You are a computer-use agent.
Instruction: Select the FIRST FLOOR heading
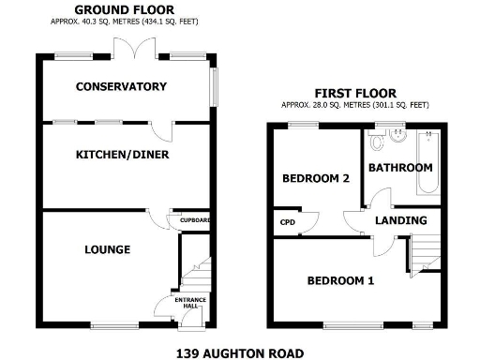tap(354, 93)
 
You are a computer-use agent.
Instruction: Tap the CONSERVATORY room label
tap(122, 86)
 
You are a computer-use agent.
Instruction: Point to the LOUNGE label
tap(107, 249)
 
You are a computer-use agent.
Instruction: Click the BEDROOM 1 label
tap(340, 280)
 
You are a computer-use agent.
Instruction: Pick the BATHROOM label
tap(400, 168)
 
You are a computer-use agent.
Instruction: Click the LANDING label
tap(401, 220)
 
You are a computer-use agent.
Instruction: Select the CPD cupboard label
tap(285, 222)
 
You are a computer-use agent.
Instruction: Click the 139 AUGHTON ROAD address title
tap(240, 352)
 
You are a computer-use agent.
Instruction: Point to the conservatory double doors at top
tap(127, 49)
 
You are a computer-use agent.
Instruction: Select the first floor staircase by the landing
tap(425, 252)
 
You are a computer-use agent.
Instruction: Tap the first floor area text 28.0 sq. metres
tap(354, 104)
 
